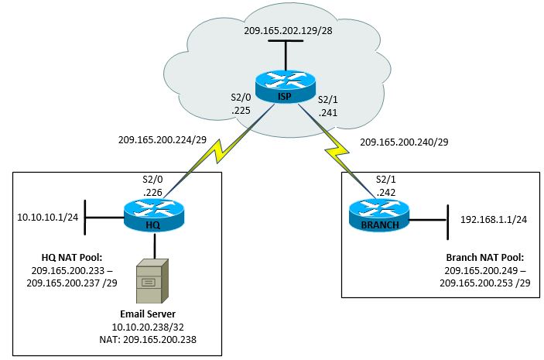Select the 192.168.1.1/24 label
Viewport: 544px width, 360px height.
pyautogui.click(x=494, y=218)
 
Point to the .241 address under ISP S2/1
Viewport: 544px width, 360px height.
pyautogui.click(x=329, y=111)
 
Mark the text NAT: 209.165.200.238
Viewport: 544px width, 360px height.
pyautogui.click(x=154, y=340)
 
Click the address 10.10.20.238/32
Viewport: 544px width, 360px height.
pyautogui.click(x=154, y=327)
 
